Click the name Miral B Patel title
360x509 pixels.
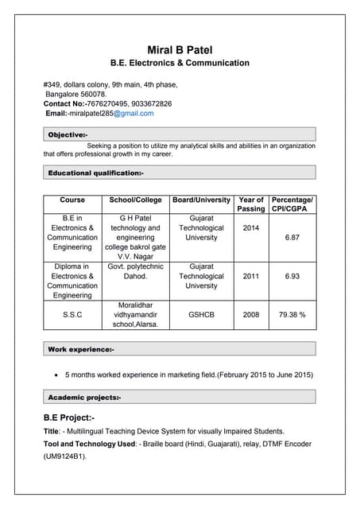click(x=180, y=50)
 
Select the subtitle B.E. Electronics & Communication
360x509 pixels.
click(x=180, y=63)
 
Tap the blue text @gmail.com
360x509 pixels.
click(x=133, y=114)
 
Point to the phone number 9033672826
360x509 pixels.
click(x=146, y=103)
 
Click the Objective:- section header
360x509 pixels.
click(x=68, y=135)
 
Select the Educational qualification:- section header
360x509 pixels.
click(x=95, y=173)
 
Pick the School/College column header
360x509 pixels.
click(x=135, y=200)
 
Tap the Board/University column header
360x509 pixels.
click(x=201, y=200)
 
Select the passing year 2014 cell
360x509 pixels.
click(x=251, y=228)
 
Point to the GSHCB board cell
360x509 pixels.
click(x=201, y=315)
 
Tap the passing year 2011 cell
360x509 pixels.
click(x=251, y=276)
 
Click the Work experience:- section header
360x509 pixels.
click(x=81, y=349)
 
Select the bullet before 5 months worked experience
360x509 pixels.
click(x=54, y=374)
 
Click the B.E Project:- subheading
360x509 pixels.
click(x=69, y=418)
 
